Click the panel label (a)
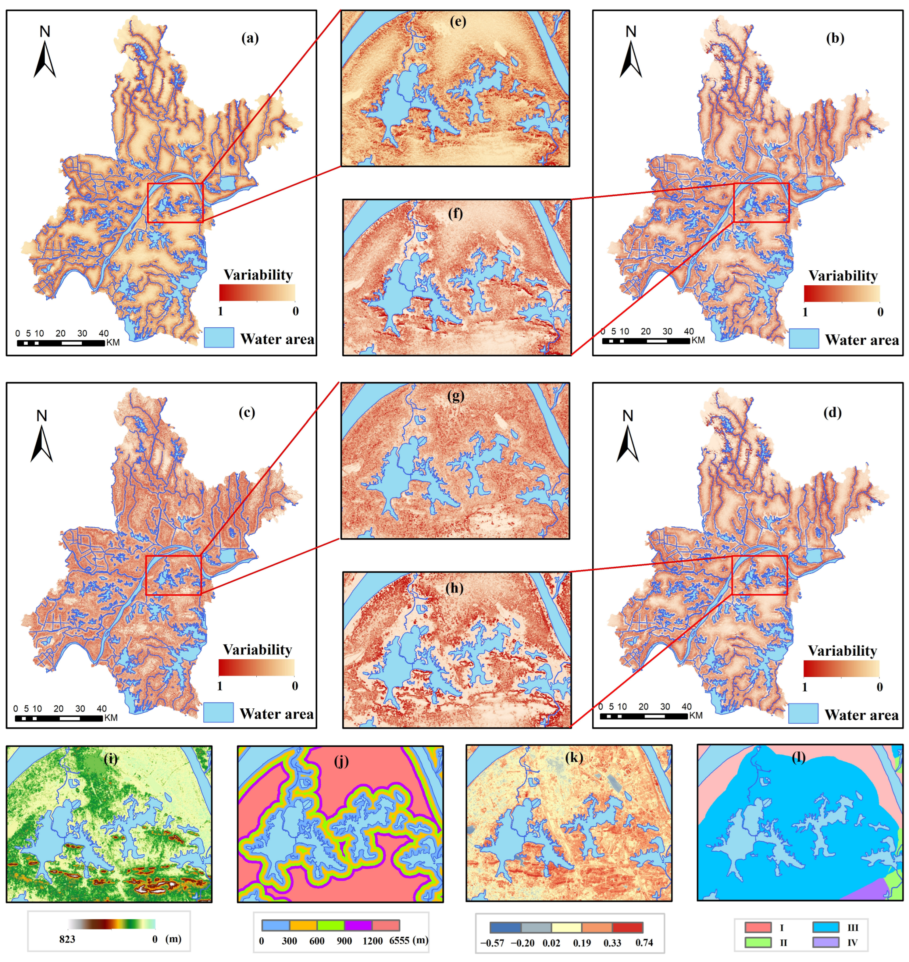tap(250, 38)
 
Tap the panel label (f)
tap(455, 213)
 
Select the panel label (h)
tap(455, 588)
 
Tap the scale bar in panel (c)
tap(59, 718)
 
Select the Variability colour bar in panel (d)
tap(841, 668)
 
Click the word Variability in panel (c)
tap(257, 649)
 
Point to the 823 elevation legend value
tap(67, 939)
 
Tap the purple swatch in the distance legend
tap(358, 925)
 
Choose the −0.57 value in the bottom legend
tap(492, 943)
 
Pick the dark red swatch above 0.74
tap(627, 928)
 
